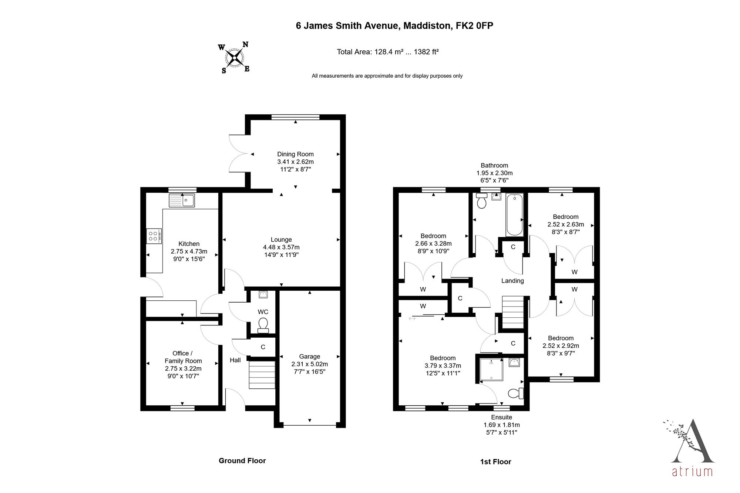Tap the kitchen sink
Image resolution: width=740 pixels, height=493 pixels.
coord(182,200)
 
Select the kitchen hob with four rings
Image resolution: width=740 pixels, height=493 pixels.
coord(154,236)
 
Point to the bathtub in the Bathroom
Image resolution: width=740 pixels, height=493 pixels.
coord(514,215)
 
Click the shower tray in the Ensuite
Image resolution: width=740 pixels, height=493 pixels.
coord(491,369)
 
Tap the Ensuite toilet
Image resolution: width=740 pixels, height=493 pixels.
coord(516,393)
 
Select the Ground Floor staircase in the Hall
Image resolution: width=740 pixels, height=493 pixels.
coord(262,375)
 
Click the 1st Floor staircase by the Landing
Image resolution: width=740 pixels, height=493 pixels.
coord(513,313)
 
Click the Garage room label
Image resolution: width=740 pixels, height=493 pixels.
coord(310,357)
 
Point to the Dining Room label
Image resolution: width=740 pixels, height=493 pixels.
coord(295,154)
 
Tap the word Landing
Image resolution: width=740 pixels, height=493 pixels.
coord(512,281)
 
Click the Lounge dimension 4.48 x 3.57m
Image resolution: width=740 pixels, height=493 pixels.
coord(281,247)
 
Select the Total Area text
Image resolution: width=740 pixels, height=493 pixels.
coord(388,52)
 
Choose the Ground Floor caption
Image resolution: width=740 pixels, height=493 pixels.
coord(242,460)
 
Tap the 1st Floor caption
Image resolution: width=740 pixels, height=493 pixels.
coord(496,462)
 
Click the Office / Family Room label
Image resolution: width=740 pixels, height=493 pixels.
coord(183,357)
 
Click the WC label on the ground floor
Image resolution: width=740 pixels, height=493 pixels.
coord(263,312)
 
